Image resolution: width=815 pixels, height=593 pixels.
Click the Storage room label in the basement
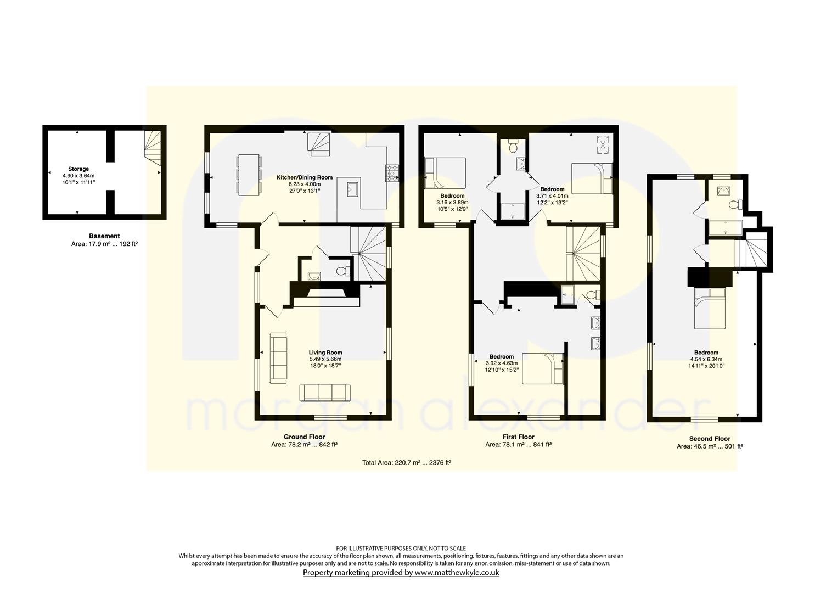[78, 169]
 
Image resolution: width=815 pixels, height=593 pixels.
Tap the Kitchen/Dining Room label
[305, 178]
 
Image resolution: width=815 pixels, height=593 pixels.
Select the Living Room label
[325, 353]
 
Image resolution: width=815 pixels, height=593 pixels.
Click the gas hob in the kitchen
[392, 173]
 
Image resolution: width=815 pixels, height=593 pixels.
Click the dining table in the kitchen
[249, 175]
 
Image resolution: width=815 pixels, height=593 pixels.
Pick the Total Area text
[407, 463]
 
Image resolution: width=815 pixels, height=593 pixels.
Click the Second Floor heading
[710, 439]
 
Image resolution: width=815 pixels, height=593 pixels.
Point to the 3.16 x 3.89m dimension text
[452, 203]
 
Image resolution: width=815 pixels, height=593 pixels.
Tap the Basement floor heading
[104, 236]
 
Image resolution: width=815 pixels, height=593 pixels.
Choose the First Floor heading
[519, 437]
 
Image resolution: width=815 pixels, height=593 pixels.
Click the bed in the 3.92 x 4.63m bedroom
[542, 368]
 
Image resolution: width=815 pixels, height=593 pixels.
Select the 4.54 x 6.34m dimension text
[706, 359]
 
